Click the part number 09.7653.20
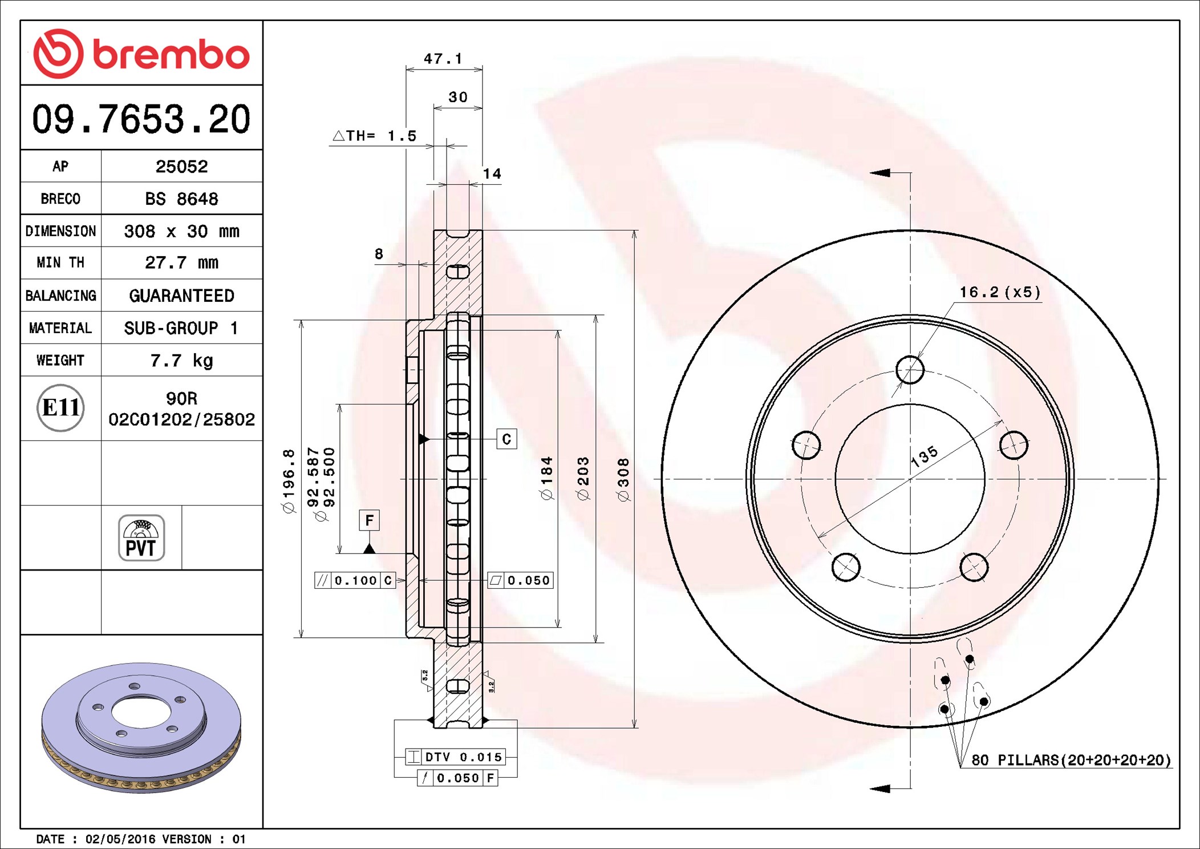[x=141, y=119]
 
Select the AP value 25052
[x=181, y=167]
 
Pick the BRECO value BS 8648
[x=181, y=199]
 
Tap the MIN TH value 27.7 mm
[x=181, y=262]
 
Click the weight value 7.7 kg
[x=181, y=361]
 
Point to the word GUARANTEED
[x=181, y=296]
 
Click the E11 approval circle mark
[x=60, y=408]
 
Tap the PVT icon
[x=141, y=538]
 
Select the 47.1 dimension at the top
[x=443, y=59]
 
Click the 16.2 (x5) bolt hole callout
[x=1000, y=292]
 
